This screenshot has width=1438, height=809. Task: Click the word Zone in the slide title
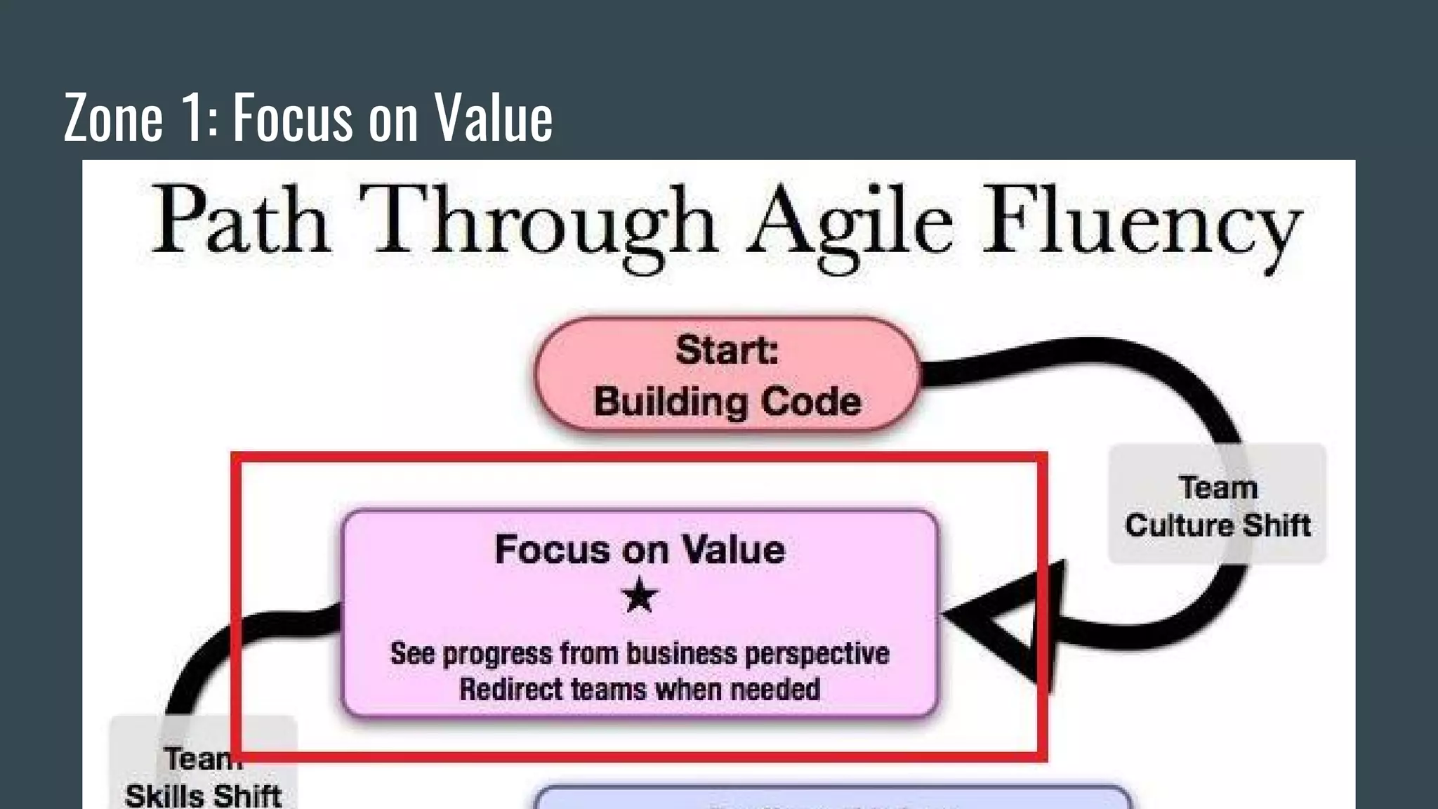point(113,118)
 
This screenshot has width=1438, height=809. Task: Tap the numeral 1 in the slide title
point(194,118)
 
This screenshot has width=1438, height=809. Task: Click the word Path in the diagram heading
point(241,221)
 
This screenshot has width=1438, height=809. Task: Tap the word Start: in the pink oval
point(727,350)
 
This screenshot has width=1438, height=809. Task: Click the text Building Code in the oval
point(727,402)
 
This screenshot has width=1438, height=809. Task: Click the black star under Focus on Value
point(640,596)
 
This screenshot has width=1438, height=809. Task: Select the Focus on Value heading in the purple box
point(640,549)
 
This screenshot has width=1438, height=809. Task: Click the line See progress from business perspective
point(640,654)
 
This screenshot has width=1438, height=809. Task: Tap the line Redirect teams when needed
point(640,689)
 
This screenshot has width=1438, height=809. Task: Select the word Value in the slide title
point(493,118)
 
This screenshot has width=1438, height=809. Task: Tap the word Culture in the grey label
point(1180,525)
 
